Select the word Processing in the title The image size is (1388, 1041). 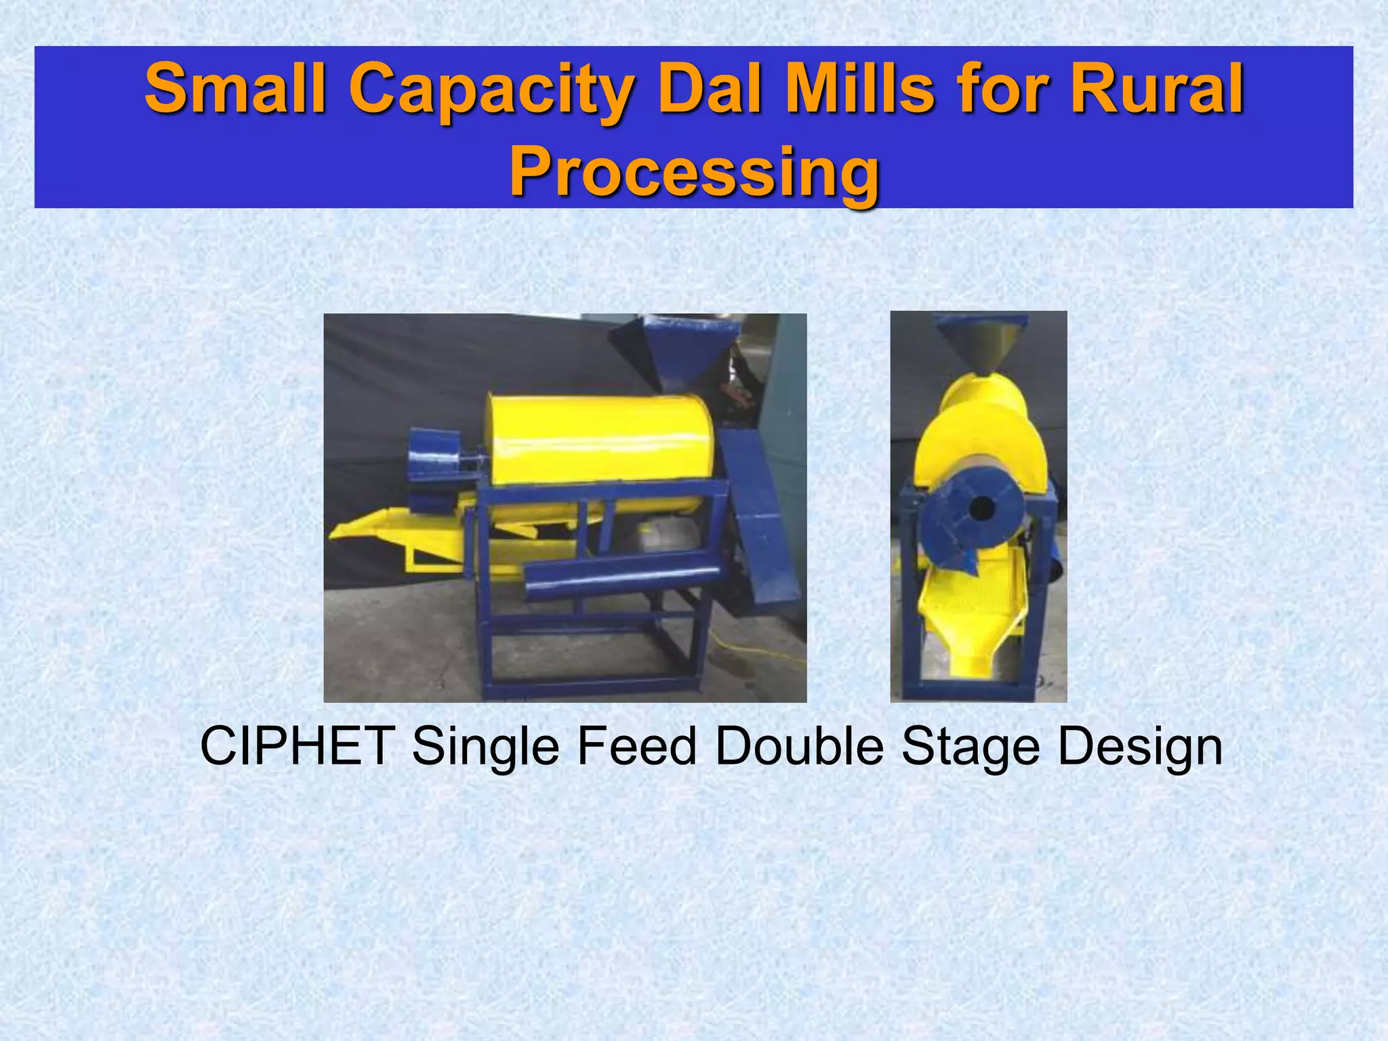(694, 172)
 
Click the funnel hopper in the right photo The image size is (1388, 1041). (982, 342)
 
